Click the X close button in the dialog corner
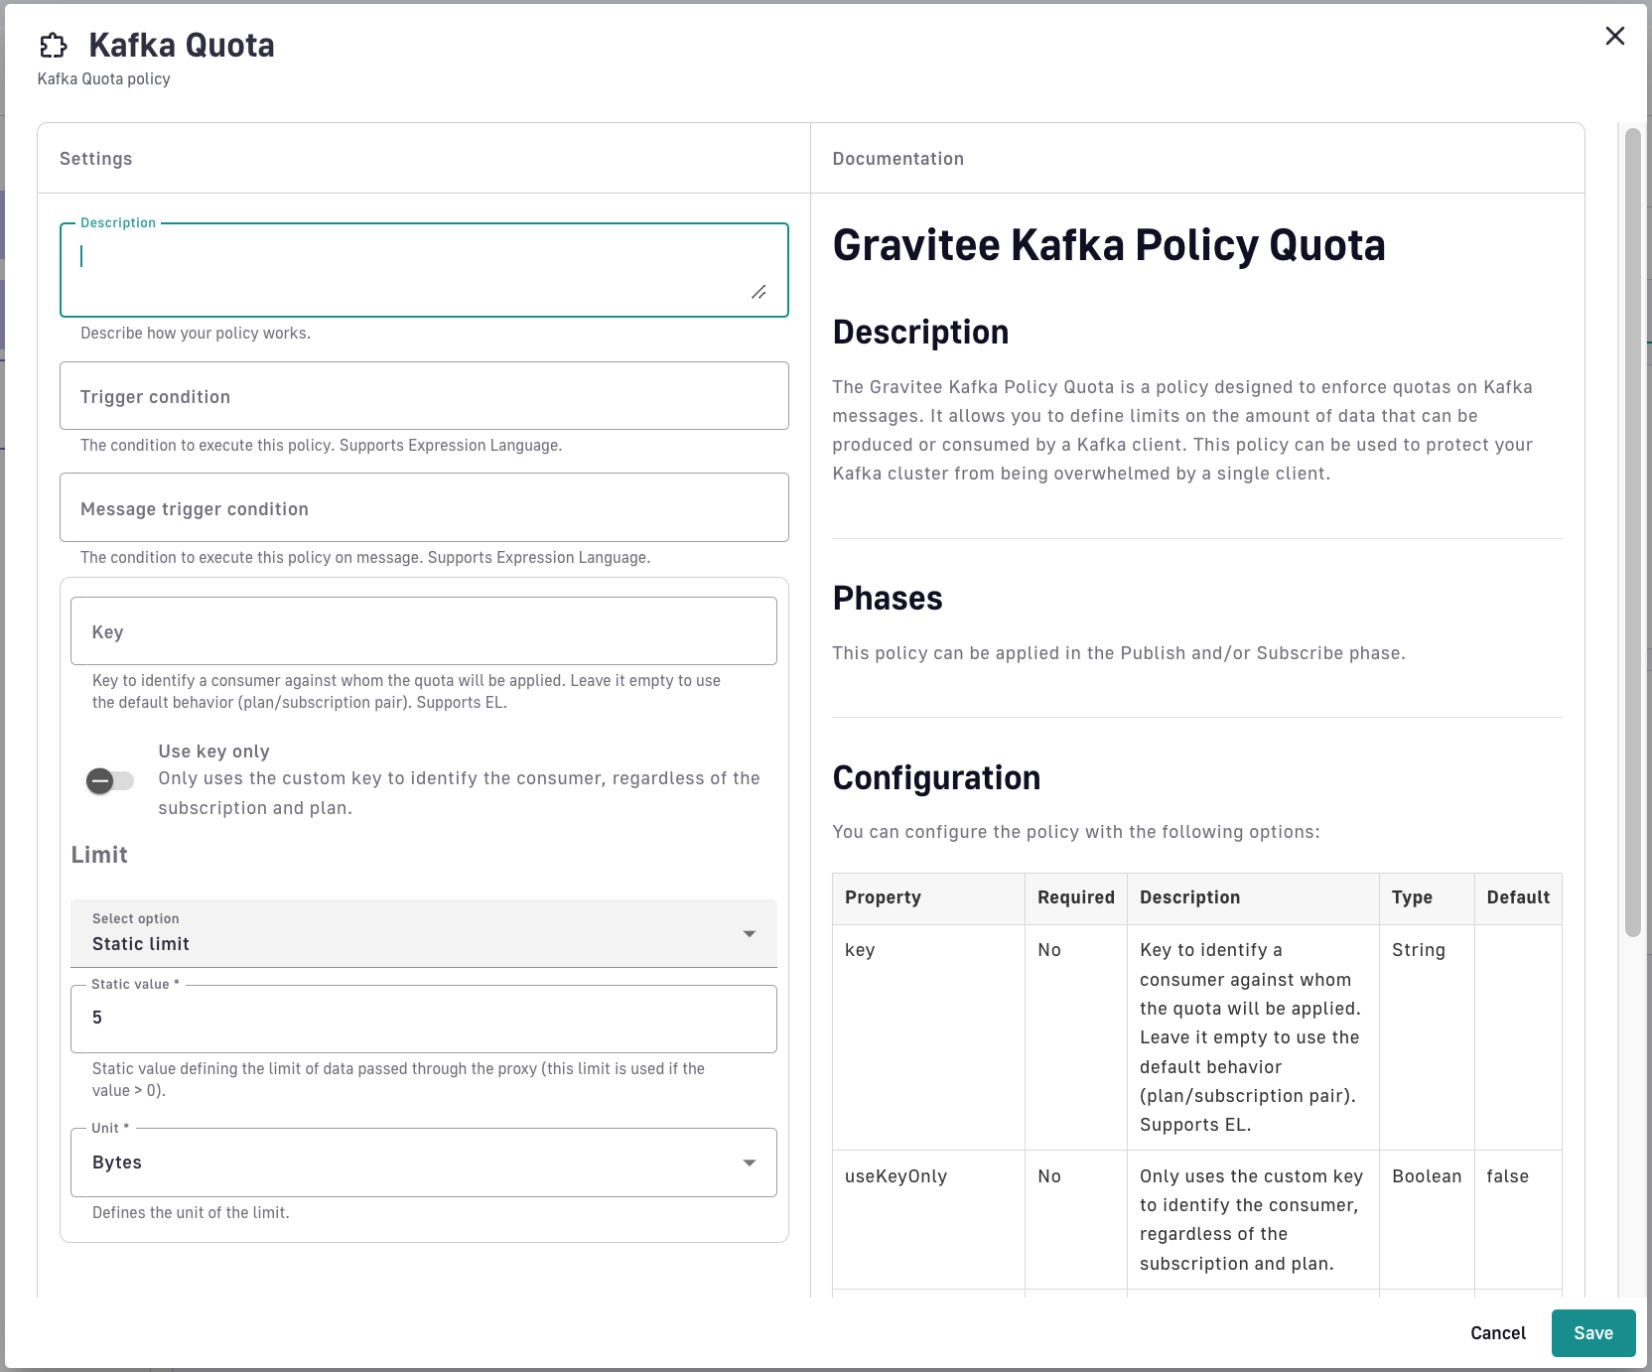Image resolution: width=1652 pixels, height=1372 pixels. pos(1615,36)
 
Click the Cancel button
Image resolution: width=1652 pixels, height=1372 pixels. pos(1497,1333)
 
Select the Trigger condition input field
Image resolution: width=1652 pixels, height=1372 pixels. pos(424,396)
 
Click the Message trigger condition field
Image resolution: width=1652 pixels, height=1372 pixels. pos(424,508)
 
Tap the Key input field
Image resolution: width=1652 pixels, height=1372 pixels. pos(424,631)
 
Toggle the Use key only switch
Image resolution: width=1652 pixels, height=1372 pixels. pos(109,781)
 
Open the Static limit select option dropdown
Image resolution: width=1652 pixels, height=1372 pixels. pos(424,933)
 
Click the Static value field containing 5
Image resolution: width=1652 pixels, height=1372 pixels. pos(424,1019)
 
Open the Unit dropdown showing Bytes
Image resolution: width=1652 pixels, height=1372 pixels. pos(424,1163)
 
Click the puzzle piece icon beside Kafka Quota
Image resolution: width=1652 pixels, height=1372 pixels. pos(54,46)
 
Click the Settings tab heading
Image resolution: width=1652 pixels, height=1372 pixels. pos(95,159)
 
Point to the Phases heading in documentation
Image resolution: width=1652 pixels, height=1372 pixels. pos(888,599)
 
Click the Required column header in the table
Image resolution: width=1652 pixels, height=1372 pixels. pos(1075,897)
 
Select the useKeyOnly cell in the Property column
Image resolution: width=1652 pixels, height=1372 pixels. pos(895,1176)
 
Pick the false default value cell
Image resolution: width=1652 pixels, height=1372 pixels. pos(1507,1176)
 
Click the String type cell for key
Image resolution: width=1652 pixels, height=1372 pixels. pos(1418,950)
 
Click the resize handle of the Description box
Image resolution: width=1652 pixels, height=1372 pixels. pos(758,292)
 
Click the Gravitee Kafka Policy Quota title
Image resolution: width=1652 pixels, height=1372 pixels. pos(1108,245)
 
